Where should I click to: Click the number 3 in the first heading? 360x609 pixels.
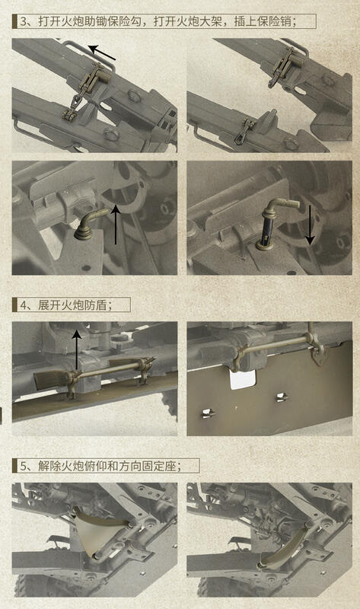(x=23, y=21)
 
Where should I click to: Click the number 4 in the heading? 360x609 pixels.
(x=23, y=305)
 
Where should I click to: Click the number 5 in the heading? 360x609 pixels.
(x=23, y=466)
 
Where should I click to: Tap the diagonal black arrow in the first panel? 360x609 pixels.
(x=102, y=53)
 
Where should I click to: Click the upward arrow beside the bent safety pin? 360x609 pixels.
(x=116, y=225)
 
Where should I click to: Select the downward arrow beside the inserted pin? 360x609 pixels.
(x=310, y=225)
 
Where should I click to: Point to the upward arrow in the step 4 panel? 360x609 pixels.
(x=77, y=349)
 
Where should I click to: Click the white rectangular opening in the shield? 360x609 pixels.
(x=243, y=379)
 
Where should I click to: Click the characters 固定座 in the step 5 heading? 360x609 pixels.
(x=159, y=466)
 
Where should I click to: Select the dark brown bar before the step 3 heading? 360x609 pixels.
(x=14, y=21)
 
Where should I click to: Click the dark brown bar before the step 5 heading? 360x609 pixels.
(x=14, y=466)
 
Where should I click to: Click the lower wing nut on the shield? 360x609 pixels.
(x=208, y=413)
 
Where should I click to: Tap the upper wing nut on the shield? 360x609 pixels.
(x=282, y=397)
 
